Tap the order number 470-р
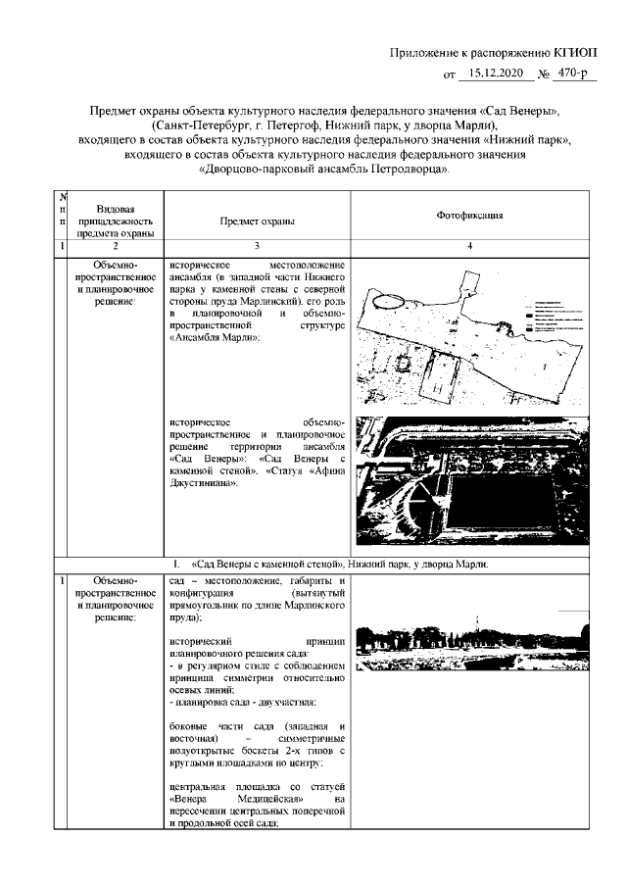575,74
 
